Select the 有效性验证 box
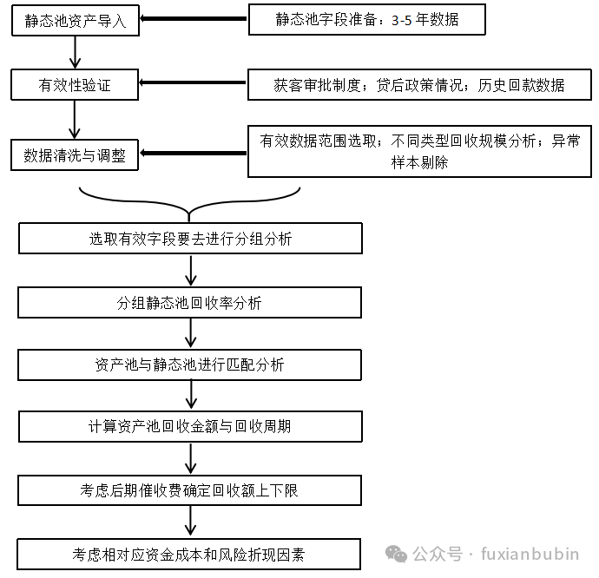click(x=75, y=85)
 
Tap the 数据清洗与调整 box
click(x=75, y=155)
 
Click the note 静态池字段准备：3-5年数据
click(x=365, y=19)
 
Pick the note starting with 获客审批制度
click(x=419, y=85)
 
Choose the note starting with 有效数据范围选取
click(x=419, y=151)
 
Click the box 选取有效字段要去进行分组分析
click(x=190, y=239)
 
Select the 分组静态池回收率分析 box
click(x=190, y=303)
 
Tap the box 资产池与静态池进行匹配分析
click(x=190, y=365)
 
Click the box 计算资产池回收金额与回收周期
click(x=190, y=426)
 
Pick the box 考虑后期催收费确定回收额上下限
click(x=190, y=490)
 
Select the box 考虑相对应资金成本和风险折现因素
click(x=190, y=554)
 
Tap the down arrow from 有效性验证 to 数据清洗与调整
click(x=76, y=120)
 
